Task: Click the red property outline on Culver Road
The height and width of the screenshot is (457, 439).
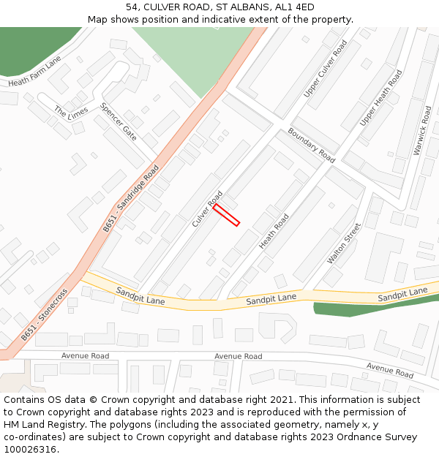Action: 227,215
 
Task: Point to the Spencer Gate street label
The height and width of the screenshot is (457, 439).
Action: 119,121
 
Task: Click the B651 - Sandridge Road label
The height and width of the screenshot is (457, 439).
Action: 131,199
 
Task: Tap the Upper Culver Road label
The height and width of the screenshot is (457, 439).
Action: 326,69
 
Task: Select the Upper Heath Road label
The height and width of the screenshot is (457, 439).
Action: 381,97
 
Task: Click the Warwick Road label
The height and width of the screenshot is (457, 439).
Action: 422,130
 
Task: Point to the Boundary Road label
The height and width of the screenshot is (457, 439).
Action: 311,145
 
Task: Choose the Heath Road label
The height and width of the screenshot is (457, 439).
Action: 274,231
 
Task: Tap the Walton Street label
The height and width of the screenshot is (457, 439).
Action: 344,243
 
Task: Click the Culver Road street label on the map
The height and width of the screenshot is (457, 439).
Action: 208,208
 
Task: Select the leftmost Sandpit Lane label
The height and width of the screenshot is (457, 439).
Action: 140,295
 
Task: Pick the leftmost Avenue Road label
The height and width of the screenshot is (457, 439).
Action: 85,356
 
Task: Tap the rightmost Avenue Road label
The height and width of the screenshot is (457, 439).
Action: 391,370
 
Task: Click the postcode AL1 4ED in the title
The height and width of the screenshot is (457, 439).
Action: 296,7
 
